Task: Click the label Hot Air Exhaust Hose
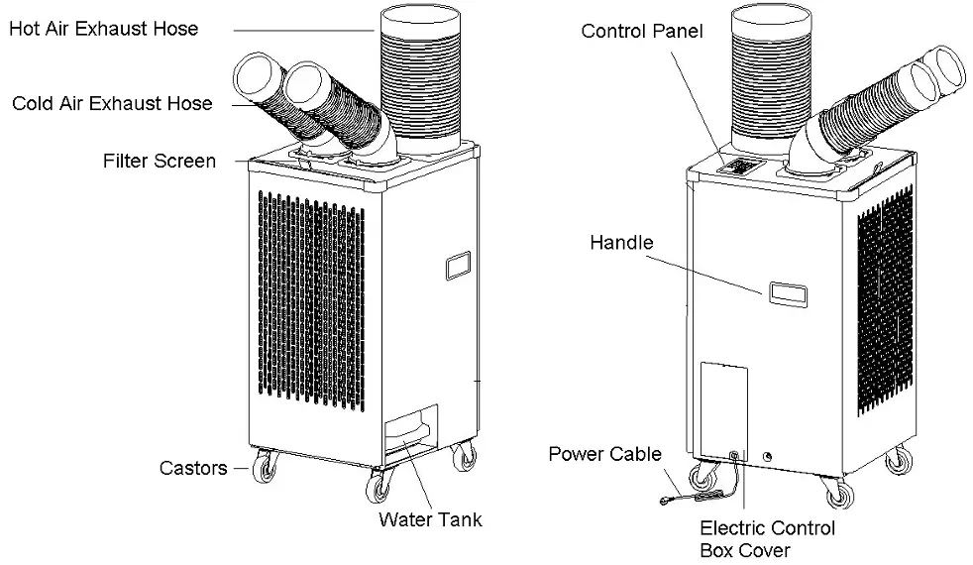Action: tap(103, 29)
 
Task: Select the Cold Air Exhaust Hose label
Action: tap(112, 103)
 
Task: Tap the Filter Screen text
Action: tap(159, 161)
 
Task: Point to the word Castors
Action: tap(192, 467)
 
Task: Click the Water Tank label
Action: tap(430, 519)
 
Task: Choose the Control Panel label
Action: tap(642, 32)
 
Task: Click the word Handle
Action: tap(621, 242)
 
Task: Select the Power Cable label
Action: tap(604, 454)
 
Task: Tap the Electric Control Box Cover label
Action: tap(767, 539)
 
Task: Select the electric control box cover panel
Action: tap(722, 406)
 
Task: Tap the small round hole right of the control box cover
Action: tap(768, 457)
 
